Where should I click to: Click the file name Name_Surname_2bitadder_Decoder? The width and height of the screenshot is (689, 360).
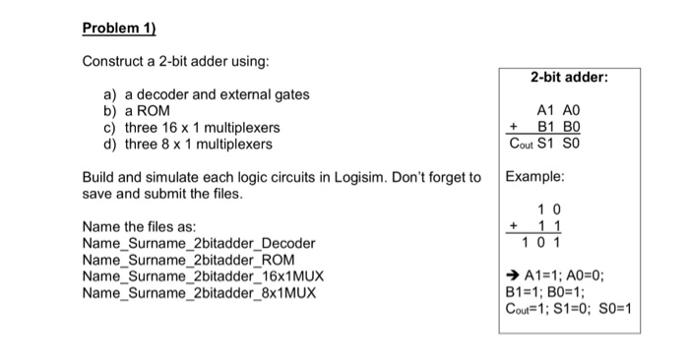point(199,243)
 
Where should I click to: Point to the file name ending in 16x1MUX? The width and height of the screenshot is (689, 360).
point(203,276)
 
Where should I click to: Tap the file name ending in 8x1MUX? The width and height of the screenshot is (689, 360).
point(199,293)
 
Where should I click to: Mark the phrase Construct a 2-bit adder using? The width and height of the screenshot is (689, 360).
point(175,62)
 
